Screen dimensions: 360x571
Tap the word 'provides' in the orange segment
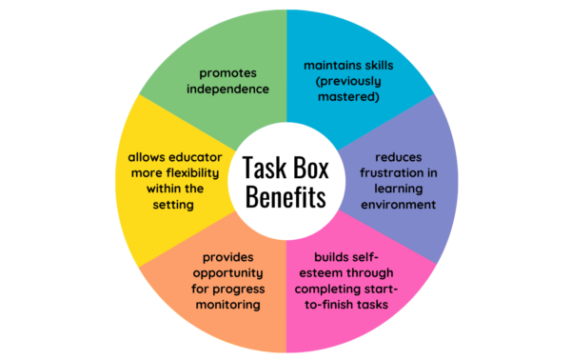226,256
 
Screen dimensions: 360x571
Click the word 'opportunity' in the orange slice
227,272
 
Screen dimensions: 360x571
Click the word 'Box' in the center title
305,170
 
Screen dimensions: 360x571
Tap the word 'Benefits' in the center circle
285,199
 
